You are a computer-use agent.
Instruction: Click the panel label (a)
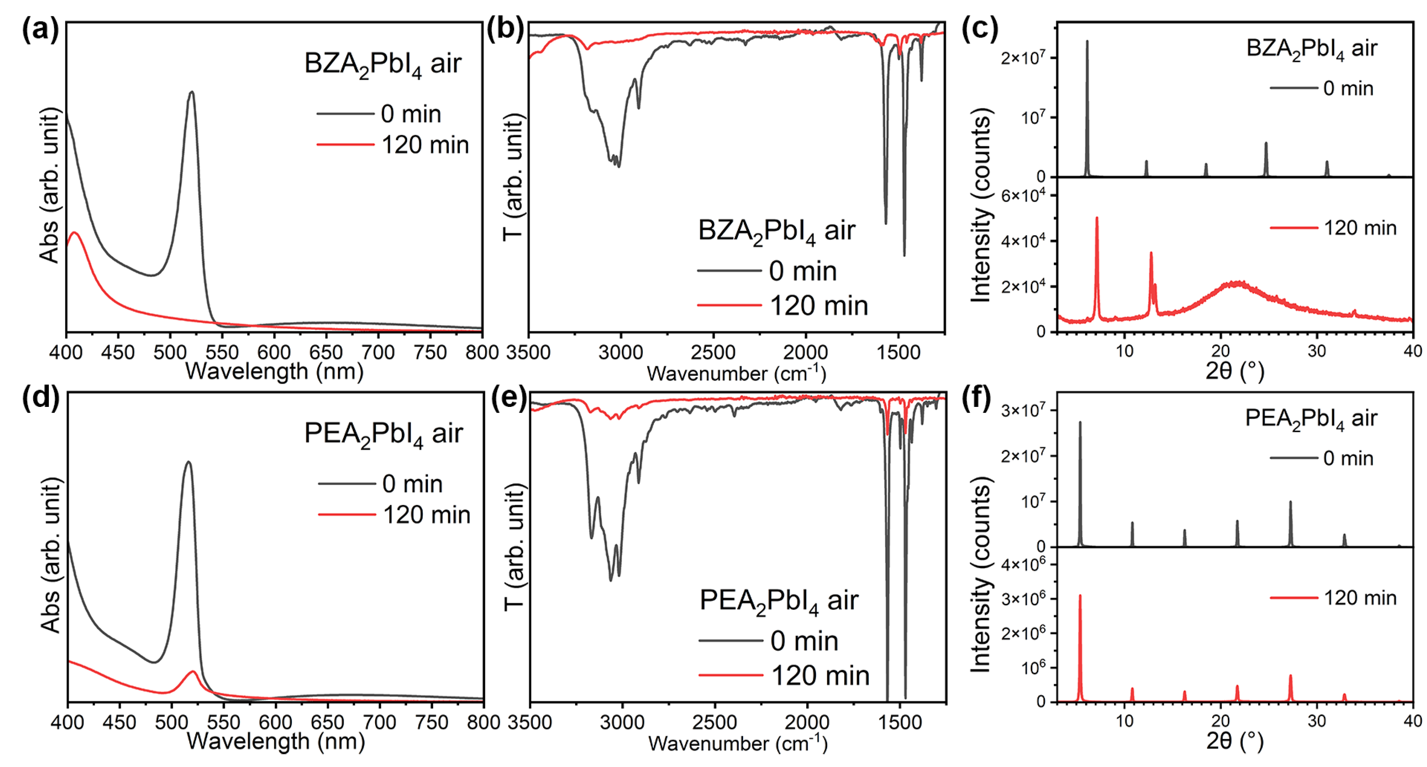(x=40, y=29)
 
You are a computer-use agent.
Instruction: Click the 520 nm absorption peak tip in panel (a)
(x=192, y=92)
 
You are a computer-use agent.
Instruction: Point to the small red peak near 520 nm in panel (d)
(x=193, y=672)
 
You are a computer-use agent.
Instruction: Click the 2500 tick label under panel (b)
(x=713, y=352)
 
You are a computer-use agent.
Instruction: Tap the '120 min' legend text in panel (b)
(x=819, y=306)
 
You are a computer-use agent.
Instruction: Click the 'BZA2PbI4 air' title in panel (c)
(x=1311, y=49)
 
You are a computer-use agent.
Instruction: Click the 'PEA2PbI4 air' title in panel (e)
(x=778, y=601)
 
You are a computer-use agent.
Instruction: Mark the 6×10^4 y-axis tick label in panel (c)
(x=1023, y=196)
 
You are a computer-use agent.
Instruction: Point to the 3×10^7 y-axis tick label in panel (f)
(x=1023, y=410)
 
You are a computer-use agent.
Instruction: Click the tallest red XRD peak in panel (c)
(x=1097, y=218)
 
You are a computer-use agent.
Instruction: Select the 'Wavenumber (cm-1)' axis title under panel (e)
(x=737, y=743)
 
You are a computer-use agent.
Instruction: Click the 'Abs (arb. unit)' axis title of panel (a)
(x=50, y=185)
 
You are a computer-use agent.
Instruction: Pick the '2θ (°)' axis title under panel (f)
(x=1235, y=741)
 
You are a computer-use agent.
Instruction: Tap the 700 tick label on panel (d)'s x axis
(x=380, y=722)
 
